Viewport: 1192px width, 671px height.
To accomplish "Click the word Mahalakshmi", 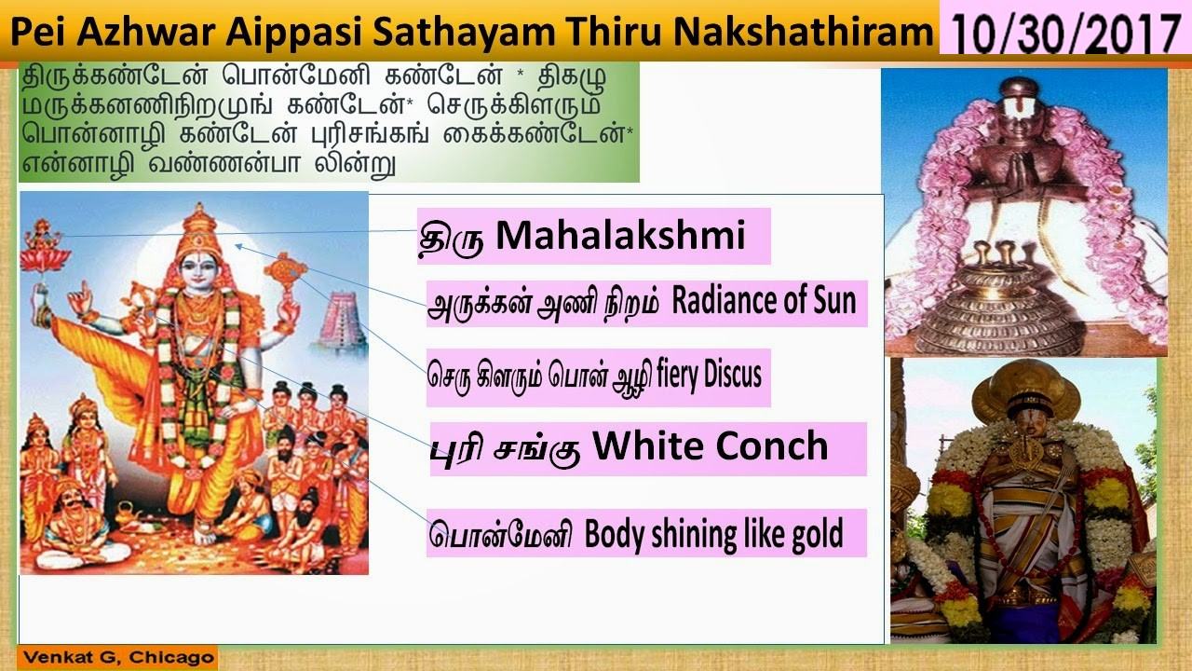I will coord(620,236).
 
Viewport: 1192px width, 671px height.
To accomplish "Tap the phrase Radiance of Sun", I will coord(763,302).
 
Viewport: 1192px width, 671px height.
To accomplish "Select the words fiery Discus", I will coord(709,375).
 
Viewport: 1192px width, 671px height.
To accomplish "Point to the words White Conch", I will coord(710,447).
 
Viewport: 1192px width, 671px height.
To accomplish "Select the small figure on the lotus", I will coord(40,238).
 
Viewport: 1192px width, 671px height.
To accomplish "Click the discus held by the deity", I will coord(284,270).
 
